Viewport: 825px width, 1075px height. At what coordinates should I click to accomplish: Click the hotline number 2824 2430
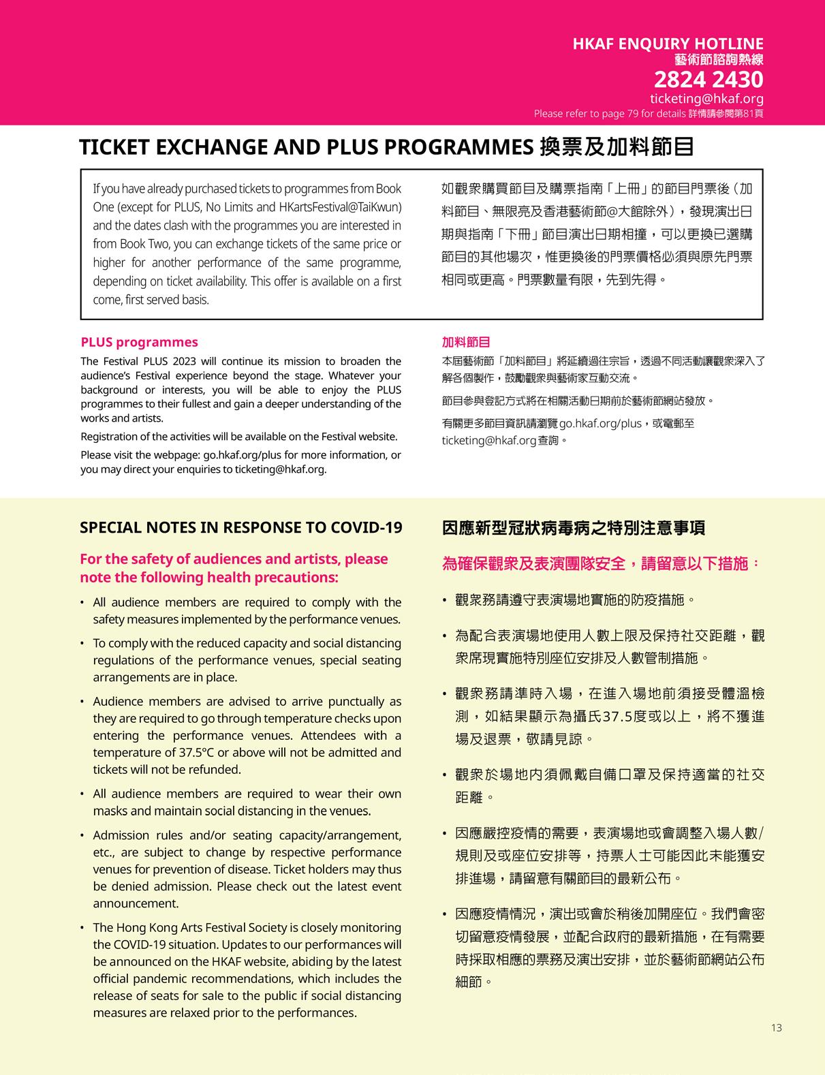point(709,80)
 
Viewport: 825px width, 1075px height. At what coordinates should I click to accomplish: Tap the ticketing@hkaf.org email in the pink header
point(706,99)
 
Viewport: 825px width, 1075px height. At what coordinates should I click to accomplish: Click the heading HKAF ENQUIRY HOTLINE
point(668,44)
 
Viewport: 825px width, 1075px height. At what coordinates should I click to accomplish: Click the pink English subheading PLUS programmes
point(139,343)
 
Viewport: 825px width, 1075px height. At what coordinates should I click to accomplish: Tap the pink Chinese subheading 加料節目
point(466,343)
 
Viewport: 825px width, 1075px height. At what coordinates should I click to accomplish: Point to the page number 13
point(777,1028)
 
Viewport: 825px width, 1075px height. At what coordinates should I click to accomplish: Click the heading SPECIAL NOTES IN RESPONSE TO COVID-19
point(240,528)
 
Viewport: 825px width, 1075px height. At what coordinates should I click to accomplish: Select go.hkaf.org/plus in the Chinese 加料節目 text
point(600,424)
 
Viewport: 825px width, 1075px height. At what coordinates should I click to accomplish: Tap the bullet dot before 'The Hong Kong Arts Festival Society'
point(82,928)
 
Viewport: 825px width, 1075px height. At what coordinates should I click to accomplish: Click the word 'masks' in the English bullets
point(110,811)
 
